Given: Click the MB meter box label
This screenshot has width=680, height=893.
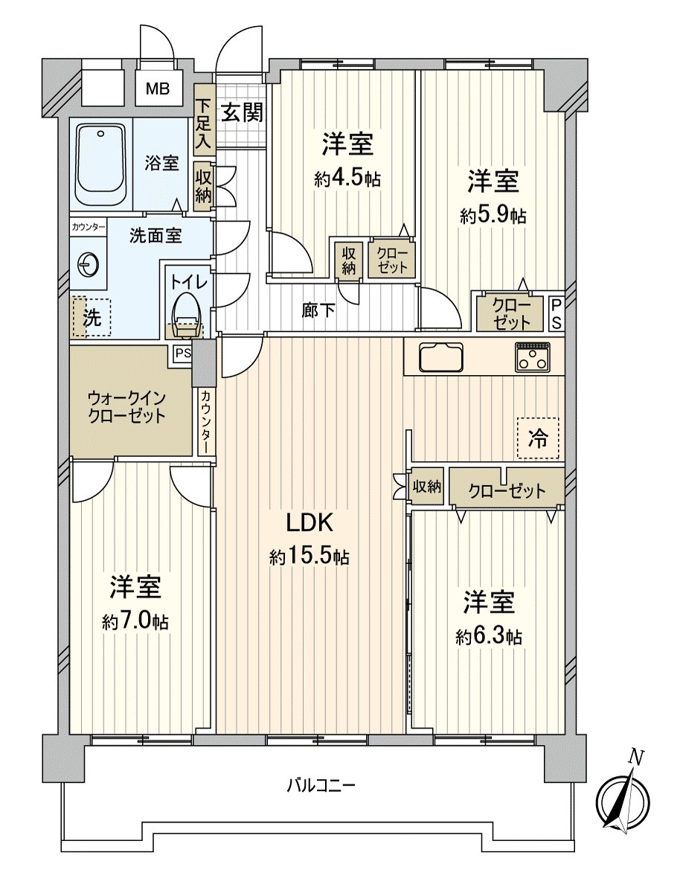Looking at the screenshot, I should [x=157, y=89].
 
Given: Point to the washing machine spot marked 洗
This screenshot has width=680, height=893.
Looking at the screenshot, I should [x=91, y=318].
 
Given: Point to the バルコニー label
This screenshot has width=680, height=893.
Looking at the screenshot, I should [x=321, y=784].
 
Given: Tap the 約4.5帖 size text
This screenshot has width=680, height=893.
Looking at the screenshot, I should [x=347, y=179].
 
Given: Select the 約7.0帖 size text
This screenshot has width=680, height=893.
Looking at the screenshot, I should [x=135, y=622].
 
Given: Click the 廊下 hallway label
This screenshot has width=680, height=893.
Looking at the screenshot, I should [x=318, y=310].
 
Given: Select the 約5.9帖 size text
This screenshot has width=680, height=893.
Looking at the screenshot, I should [x=493, y=216].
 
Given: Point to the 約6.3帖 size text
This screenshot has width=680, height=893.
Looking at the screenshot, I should [x=489, y=636].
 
